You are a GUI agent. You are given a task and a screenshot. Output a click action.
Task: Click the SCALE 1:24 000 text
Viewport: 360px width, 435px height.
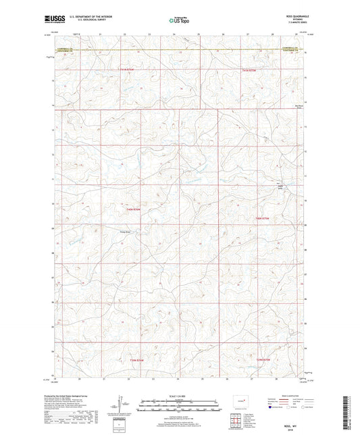[x=179, y=395]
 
